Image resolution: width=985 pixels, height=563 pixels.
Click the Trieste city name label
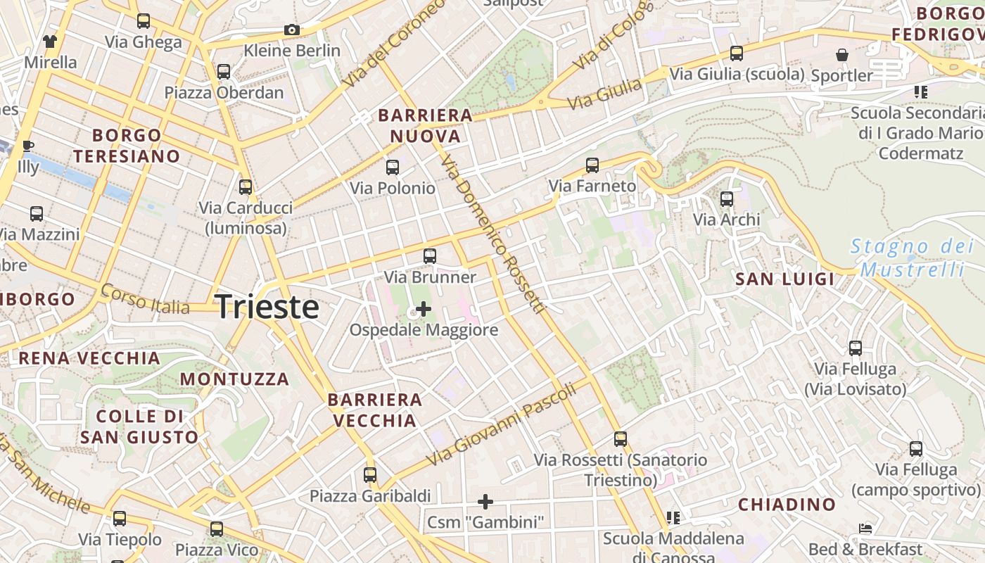[x=267, y=307]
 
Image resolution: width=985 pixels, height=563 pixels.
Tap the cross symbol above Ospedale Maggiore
[x=424, y=308]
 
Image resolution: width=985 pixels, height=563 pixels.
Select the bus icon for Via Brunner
[x=430, y=256]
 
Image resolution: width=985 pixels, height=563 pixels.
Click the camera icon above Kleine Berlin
[x=292, y=30]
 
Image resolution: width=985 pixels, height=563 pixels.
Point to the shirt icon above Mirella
[x=50, y=42]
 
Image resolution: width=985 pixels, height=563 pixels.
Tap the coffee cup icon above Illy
[x=28, y=146]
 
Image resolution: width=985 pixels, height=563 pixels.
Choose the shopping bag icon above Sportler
[x=841, y=55]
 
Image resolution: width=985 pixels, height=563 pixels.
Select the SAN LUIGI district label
[x=785, y=279]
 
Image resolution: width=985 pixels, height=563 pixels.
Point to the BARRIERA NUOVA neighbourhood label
[x=425, y=125]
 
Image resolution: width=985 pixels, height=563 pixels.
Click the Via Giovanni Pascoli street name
[x=502, y=423]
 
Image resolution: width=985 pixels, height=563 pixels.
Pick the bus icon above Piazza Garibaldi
[x=370, y=475]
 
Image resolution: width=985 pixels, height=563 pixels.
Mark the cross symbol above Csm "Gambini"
[x=485, y=502]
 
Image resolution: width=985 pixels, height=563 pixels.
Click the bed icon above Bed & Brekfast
[x=865, y=529]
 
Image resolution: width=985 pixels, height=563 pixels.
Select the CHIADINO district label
[x=787, y=505]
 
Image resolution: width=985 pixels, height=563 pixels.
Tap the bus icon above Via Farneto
[x=592, y=165]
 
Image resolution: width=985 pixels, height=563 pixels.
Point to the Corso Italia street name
[x=145, y=299]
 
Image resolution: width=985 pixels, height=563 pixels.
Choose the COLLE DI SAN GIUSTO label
[x=139, y=426]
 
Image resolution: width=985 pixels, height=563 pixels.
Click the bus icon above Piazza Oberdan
[x=224, y=72]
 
